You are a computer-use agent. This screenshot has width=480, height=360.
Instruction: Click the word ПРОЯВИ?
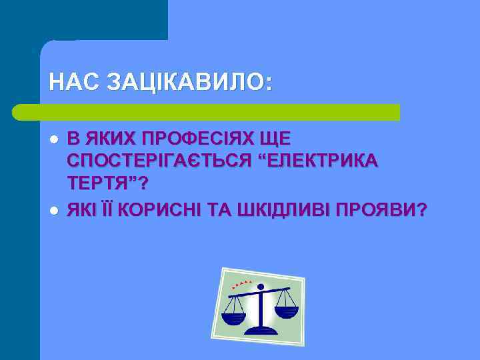383,210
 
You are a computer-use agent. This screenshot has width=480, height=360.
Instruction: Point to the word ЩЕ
276,139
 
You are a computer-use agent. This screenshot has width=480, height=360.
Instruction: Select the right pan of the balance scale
286,311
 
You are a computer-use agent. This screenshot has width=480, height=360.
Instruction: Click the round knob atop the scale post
260,288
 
